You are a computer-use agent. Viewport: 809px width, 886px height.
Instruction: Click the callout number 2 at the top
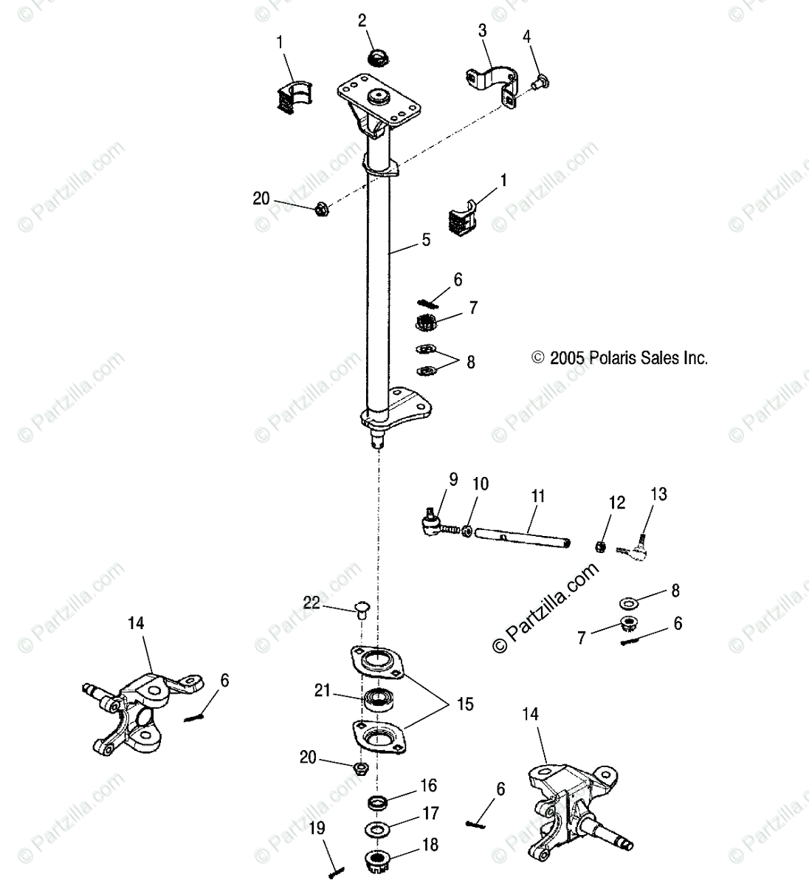coord(362,21)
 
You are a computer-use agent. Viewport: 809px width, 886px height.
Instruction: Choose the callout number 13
coord(658,494)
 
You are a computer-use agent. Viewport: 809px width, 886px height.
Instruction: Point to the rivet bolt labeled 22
coord(362,608)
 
